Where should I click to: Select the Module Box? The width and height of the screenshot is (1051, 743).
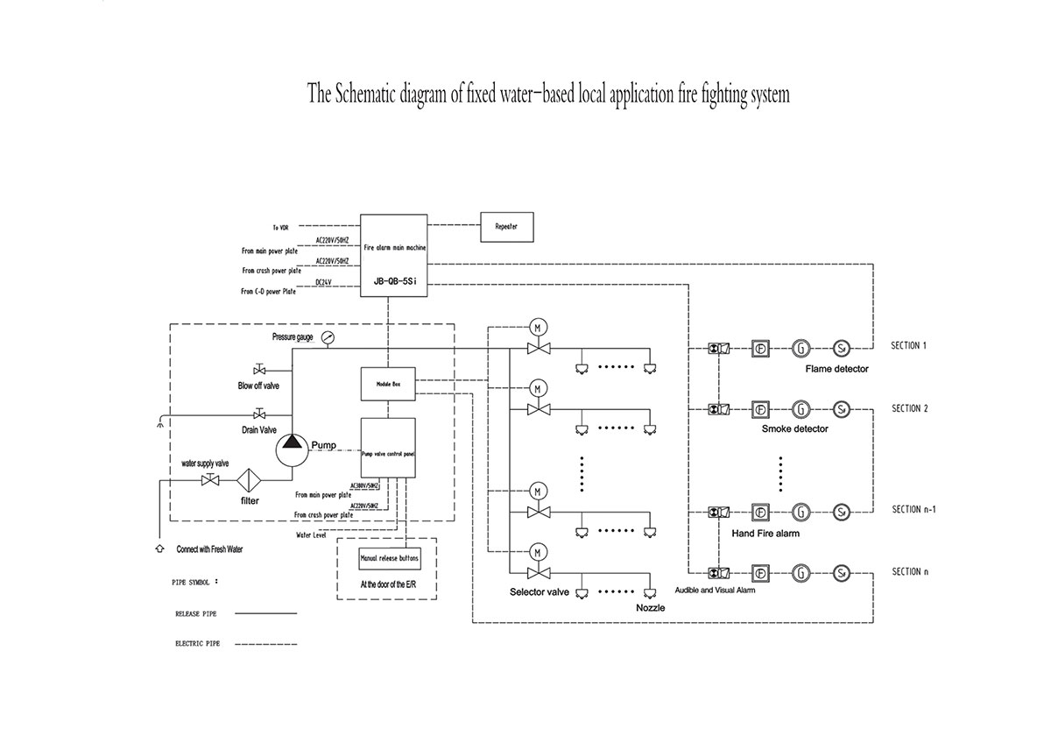click(388, 384)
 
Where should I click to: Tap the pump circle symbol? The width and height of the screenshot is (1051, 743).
click(292, 449)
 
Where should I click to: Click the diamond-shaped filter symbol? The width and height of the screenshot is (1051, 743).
click(250, 480)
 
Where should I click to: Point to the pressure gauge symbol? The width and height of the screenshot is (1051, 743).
click(328, 337)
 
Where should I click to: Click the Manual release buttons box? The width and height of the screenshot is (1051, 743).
click(389, 558)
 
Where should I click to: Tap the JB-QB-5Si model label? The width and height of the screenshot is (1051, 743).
click(394, 281)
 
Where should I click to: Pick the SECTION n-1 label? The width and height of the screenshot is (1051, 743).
click(914, 509)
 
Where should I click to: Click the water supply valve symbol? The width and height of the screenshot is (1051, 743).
click(210, 479)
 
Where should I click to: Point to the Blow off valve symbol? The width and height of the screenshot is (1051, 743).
click(259, 369)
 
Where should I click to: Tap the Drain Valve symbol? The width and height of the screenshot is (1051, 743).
click(259, 414)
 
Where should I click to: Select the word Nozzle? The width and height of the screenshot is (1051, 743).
click(650, 607)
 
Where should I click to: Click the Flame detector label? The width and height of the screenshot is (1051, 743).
click(837, 369)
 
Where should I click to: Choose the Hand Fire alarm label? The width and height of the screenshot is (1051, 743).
click(765, 533)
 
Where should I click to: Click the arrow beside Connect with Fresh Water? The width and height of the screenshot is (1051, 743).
click(159, 548)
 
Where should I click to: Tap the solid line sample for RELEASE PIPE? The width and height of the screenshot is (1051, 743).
click(263, 614)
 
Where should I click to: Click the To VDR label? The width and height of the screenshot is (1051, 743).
click(280, 227)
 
